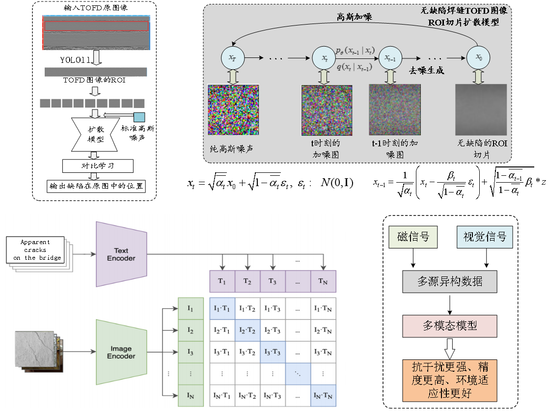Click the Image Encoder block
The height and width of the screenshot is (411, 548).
[x=121, y=352]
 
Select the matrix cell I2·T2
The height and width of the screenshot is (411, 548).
[x=247, y=330]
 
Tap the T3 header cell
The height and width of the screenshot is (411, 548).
[x=272, y=282]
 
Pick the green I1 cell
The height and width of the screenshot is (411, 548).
[x=191, y=308]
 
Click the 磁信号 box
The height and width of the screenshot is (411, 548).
[x=413, y=237]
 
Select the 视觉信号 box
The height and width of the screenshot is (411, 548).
[x=485, y=237]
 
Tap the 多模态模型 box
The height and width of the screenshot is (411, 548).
[x=449, y=326]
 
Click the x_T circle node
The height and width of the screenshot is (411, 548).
[x=232, y=58]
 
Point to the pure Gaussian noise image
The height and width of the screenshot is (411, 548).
[x=233, y=110]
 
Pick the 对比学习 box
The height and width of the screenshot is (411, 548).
[x=98, y=165]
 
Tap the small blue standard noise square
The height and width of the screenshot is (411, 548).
[x=139, y=117]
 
